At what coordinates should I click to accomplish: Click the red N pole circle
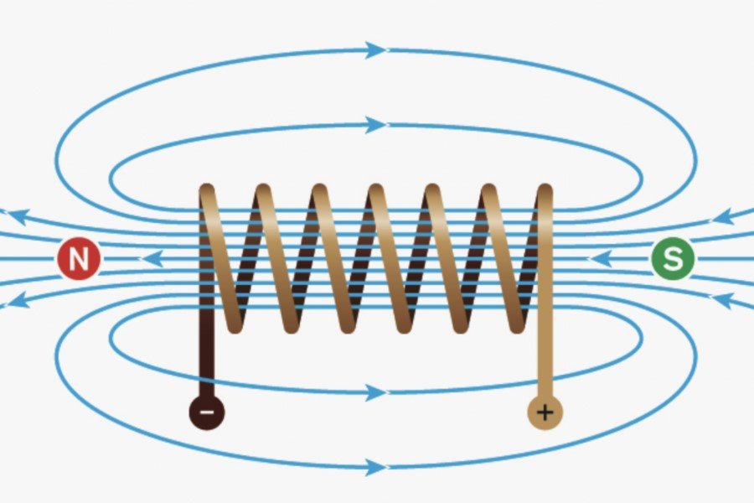coord(79,260)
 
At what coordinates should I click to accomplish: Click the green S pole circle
coord(672,260)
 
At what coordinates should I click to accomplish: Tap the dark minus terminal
coord(207,412)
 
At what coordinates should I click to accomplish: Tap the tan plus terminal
coord(545,412)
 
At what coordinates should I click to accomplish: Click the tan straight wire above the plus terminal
coord(545,352)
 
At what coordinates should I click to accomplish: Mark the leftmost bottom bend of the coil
coord(235,324)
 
